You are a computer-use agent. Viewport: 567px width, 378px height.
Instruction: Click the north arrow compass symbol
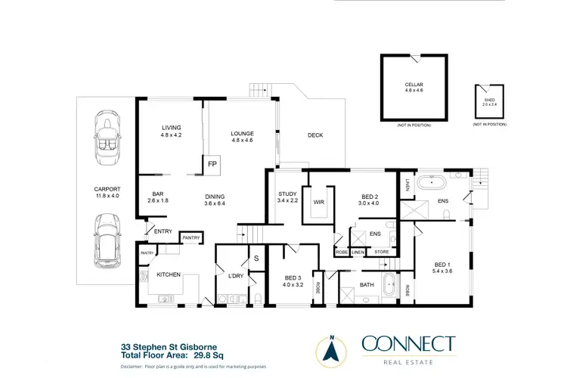click(330, 349)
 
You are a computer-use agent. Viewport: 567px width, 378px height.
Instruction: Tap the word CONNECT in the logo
click(408, 345)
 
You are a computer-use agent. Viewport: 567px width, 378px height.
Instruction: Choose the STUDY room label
click(287, 194)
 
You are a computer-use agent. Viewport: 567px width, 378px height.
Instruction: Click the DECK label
click(315, 135)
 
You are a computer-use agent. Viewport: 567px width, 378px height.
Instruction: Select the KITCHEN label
click(169, 274)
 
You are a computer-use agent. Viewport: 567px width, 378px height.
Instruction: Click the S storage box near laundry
click(256, 259)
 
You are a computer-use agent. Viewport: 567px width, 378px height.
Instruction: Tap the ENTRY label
click(163, 231)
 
